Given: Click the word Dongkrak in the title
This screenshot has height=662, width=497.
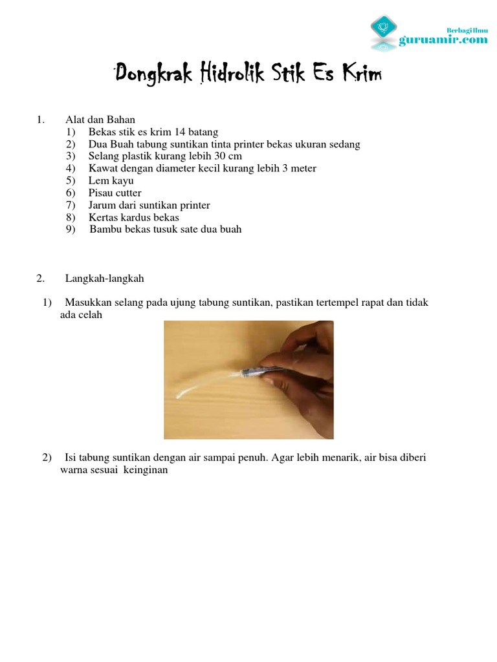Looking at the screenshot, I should pos(153,75).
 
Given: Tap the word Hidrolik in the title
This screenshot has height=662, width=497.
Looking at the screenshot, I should pos(232,75).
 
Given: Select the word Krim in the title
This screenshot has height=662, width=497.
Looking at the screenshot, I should pos(360,75).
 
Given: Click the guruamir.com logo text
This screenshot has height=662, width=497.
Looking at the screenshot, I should pos(443,40).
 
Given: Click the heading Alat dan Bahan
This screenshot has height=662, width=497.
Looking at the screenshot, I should pos(100,120).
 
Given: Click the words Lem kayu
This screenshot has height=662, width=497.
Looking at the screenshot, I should pos(111,181).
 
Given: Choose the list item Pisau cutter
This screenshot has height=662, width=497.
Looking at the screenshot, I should pos(115,193).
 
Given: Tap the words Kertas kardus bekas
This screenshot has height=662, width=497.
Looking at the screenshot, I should pos(133,217).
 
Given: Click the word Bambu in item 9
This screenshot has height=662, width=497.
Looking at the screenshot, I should pos(105,230).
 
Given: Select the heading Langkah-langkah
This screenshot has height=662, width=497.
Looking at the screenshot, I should pos(104,279).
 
